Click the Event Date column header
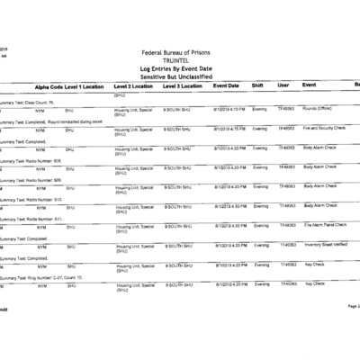(226, 85)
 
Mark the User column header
(283, 85)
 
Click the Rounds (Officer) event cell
(320, 110)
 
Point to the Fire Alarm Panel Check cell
(326, 225)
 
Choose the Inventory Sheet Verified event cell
(328, 244)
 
